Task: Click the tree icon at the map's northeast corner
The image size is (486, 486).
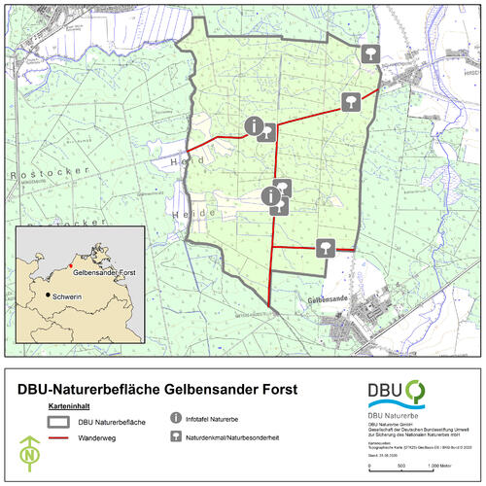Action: (369, 53)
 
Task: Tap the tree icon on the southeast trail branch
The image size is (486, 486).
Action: (327, 247)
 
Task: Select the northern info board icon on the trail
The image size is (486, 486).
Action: (255, 125)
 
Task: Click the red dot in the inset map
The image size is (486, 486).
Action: (71, 263)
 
